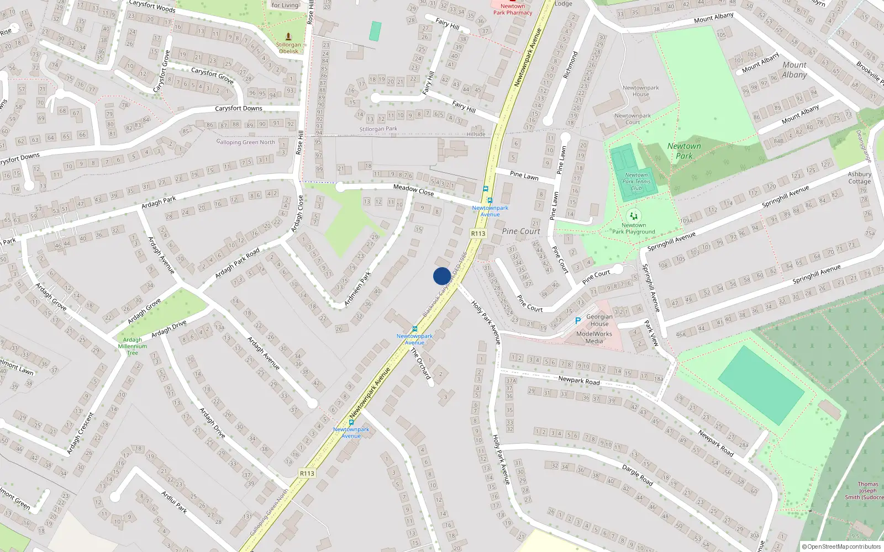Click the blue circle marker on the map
point(442,276)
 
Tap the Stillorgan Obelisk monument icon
point(288,36)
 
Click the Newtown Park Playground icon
point(633,216)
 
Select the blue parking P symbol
point(578,321)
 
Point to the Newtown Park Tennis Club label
point(636,181)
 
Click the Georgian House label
point(599,320)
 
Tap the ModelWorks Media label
point(594,337)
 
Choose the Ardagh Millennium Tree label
point(133,346)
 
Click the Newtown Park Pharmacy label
point(513,9)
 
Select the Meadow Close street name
point(413,190)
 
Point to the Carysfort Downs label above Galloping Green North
point(239,108)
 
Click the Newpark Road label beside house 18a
point(578,380)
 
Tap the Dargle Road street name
point(638,475)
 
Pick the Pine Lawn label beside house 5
point(524,176)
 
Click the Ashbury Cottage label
point(859,178)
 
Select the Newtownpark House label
point(640,91)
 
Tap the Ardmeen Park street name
point(357,288)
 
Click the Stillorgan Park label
point(378,129)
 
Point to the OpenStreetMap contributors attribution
point(841,547)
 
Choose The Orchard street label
point(420,363)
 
